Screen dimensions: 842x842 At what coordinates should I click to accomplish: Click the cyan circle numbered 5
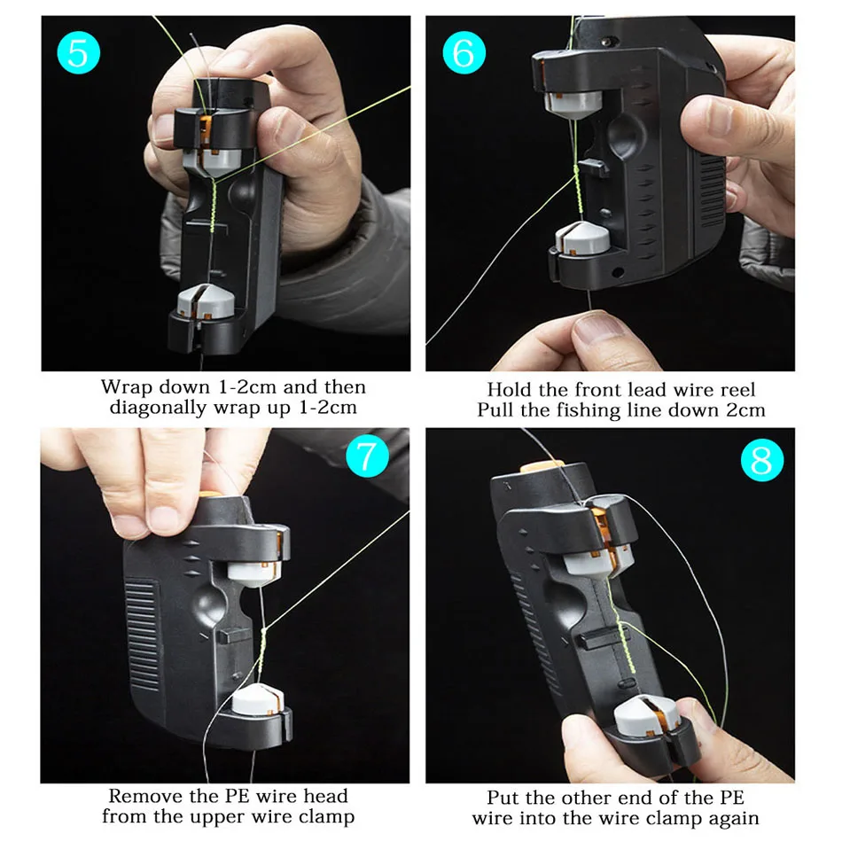tap(78, 52)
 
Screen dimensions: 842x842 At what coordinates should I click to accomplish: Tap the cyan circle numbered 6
tap(464, 52)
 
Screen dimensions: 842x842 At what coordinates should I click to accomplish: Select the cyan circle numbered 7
tap(367, 456)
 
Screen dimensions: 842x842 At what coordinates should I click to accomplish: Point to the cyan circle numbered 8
tap(762, 460)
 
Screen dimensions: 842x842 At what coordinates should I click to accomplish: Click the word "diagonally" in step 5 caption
tap(159, 408)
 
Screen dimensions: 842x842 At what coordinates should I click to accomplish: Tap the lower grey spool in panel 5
tap(205, 301)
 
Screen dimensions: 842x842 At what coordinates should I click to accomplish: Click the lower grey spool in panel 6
tap(582, 238)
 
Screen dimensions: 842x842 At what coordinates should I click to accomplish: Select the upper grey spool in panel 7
tap(253, 573)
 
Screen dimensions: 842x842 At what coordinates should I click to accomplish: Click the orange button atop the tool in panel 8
tap(542, 465)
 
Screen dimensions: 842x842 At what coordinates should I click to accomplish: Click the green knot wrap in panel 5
tap(213, 207)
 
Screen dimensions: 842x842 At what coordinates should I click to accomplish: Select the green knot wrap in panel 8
tap(625, 646)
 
